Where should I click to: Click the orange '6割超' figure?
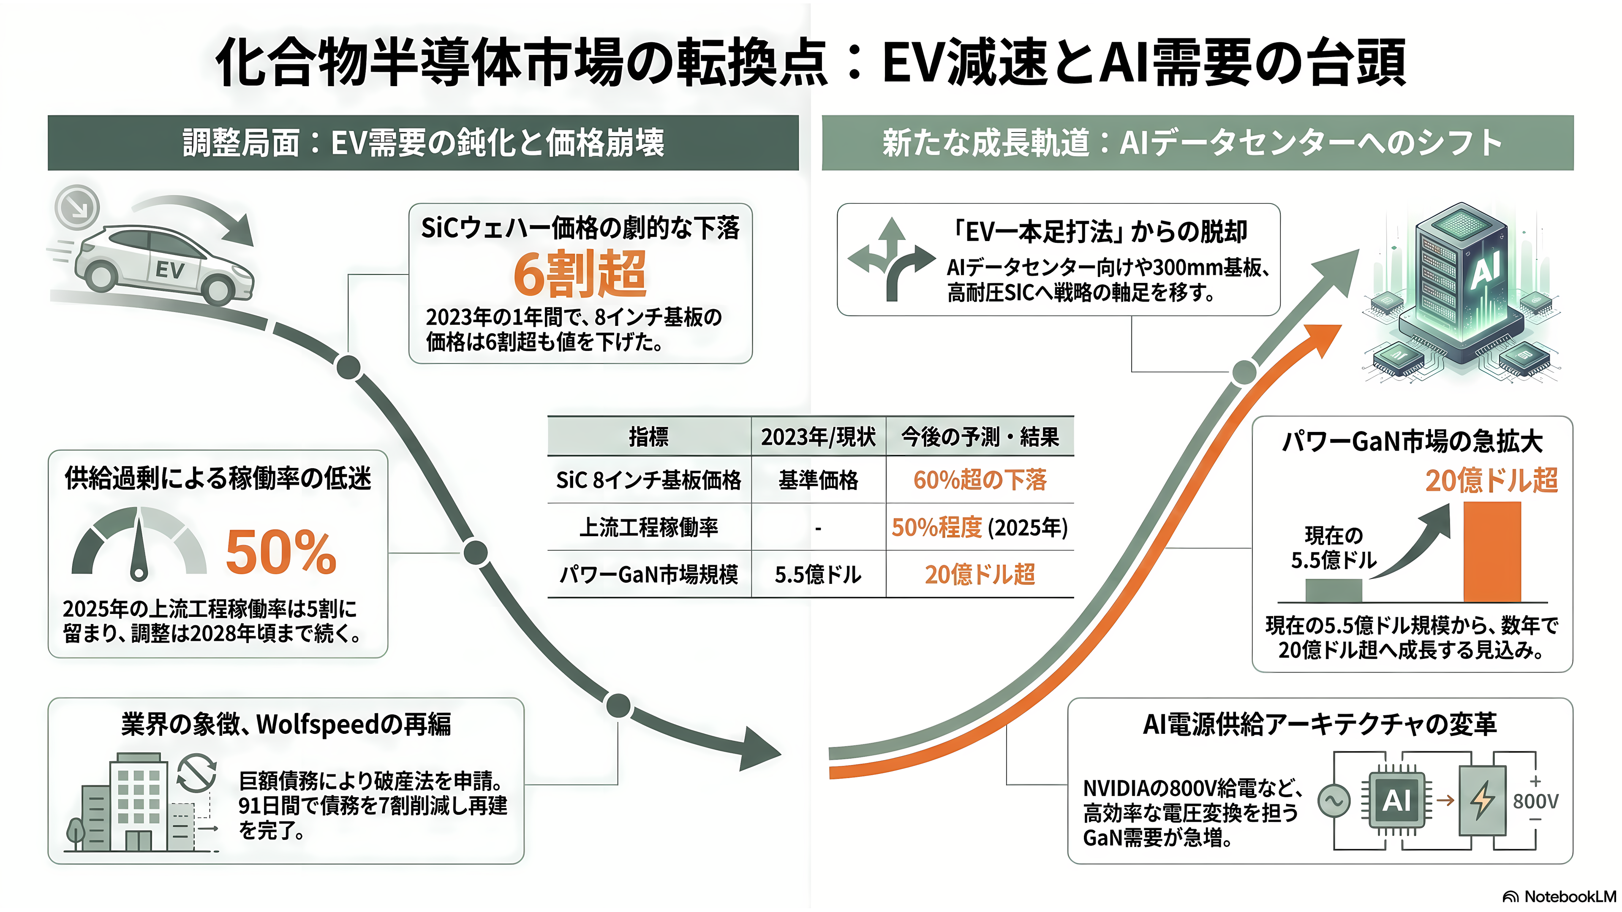pyautogui.click(x=580, y=274)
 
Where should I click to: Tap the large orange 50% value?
pyautogui.click(x=281, y=552)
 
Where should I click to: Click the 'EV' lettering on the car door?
pyautogui.click(x=170, y=271)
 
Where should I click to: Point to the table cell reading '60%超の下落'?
pyautogui.click(x=980, y=480)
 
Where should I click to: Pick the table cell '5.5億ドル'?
pyautogui.click(x=818, y=575)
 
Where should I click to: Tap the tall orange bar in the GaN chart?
pyautogui.click(x=1491, y=552)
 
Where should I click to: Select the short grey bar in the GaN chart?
pyautogui.click(x=1334, y=590)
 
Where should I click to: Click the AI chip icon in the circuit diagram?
pyautogui.click(x=1396, y=801)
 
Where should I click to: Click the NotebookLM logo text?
pyautogui.click(x=1570, y=896)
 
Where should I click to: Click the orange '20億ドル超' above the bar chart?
pyautogui.click(x=1491, y=480)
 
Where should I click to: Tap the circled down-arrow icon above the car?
pyautogui.click(x=77, y=206)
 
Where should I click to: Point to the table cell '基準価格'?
pyautogui.click(x=818, y=480)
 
